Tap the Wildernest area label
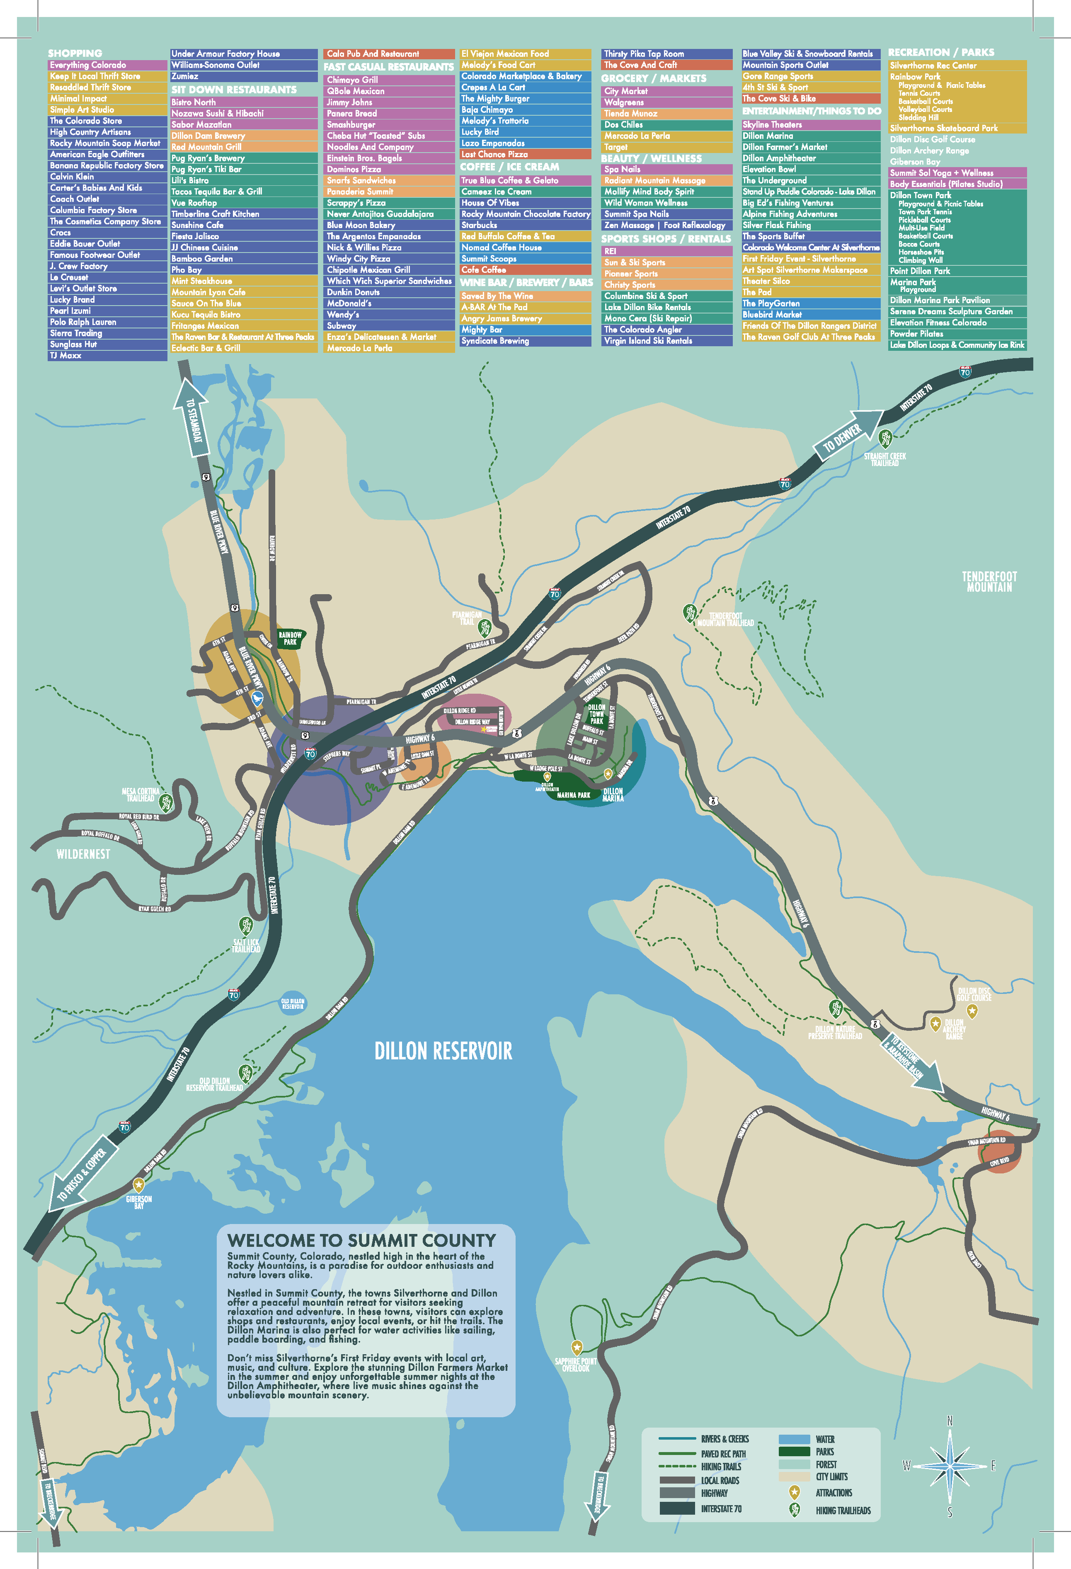click(x=83, y=854)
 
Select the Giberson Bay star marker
click(x=138, y=1185)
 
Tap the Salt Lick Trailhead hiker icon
click(x=245, y=926)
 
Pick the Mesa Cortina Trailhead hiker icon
click(x=166, y=803)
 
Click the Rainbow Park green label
click(x=290, y=638)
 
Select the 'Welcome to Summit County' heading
click(x=362, y=1240)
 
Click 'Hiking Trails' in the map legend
click(x=721, y=1466)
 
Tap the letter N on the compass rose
click(x=950, y=1421)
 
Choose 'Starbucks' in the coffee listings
click(x=479, y=225)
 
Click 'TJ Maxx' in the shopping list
click(x=66, y=355)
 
